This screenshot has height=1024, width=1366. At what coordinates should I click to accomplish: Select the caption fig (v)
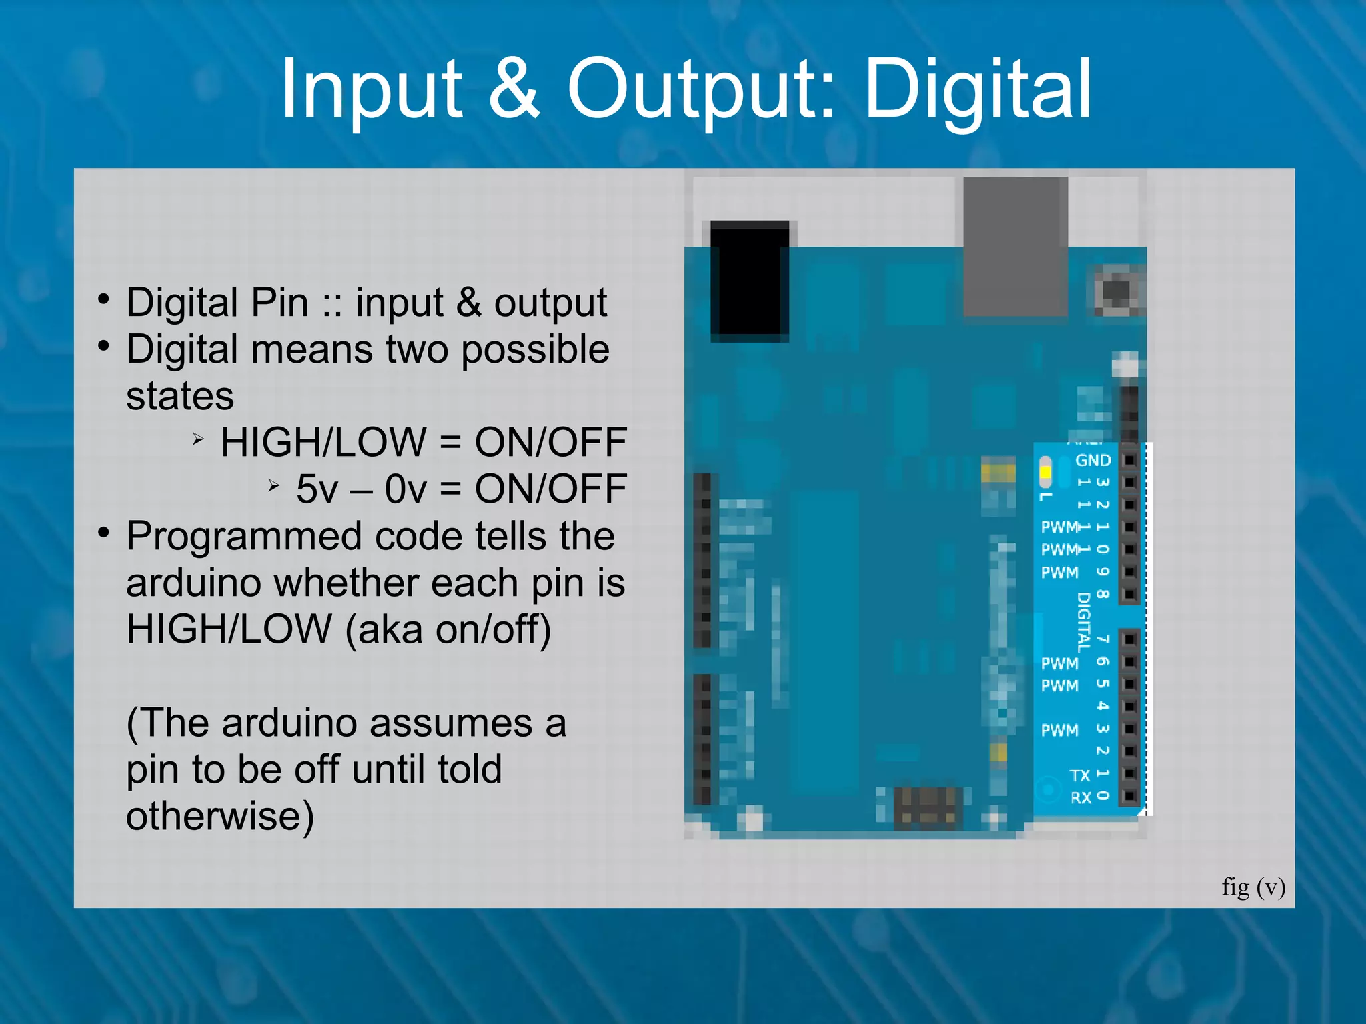pos(1253,887)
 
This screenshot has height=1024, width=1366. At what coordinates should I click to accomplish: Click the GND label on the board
pos(1093,460)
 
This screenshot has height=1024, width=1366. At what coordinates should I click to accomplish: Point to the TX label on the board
pos(1079,775)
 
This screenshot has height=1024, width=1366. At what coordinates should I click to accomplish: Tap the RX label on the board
pos(1081,797)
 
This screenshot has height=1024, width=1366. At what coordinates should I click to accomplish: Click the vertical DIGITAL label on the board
pos(1084,621)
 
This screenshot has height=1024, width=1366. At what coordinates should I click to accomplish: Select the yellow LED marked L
pos(1045,472)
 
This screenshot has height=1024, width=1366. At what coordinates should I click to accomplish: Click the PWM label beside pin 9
pos(1059,572)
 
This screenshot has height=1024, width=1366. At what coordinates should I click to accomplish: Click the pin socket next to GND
pos(1129,460)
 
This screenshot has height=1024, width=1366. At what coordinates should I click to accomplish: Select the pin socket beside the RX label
pos(1129,796)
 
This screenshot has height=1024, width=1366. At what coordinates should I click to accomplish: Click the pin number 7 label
pos(1103,639)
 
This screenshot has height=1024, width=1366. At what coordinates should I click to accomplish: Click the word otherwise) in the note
pos(220,816)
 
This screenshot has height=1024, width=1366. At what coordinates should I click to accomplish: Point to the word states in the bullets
pos(180,396)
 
